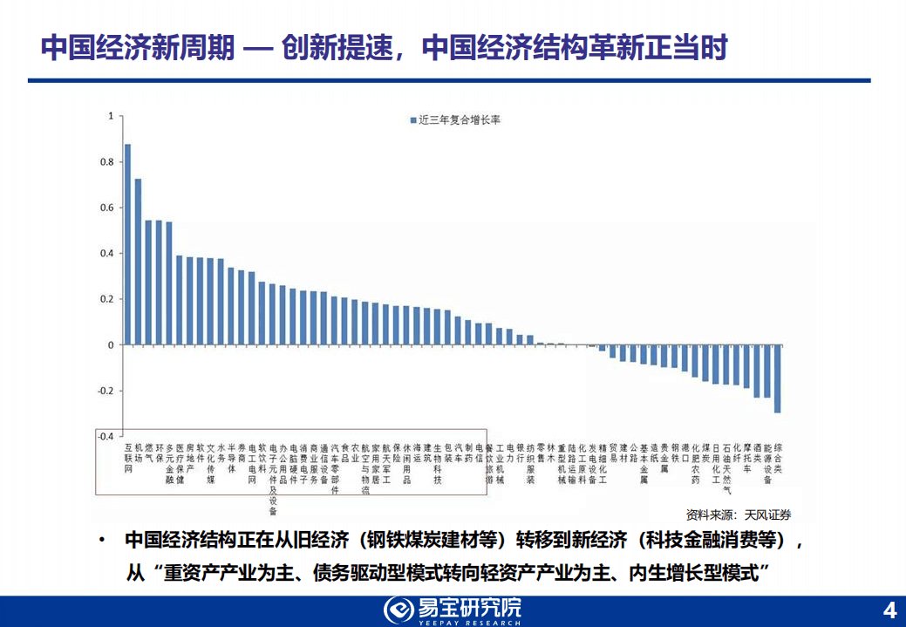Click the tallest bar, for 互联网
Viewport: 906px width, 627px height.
click(x=127, y=244)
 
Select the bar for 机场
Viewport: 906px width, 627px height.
click(x=138, y=262)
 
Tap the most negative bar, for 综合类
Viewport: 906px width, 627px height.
click(x=777, y=378)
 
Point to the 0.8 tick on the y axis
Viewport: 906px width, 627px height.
click(x=109, y=162)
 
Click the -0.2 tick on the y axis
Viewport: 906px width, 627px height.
click(x=106, y=391)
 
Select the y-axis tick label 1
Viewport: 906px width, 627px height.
click(x=111, y=116)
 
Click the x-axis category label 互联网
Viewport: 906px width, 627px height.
click(x=127, y=457)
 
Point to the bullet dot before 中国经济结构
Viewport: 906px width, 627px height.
click(x=103, y=541)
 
